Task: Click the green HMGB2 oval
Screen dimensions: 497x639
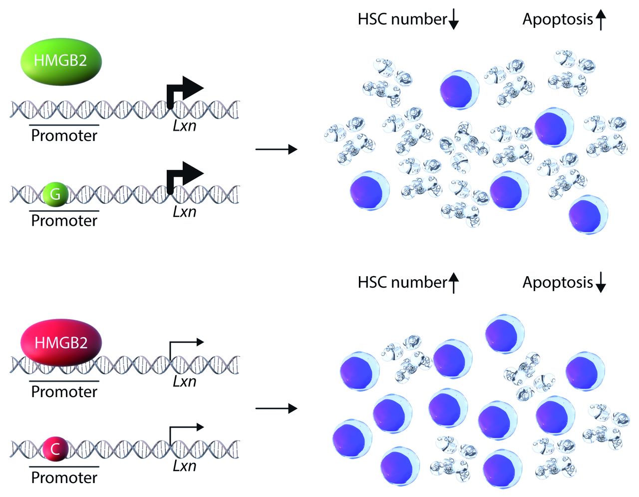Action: coord(61,61)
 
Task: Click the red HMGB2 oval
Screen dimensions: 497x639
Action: coord(61,343)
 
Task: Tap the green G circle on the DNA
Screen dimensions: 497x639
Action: coord(55,194)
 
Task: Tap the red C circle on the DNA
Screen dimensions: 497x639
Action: coord(55,449)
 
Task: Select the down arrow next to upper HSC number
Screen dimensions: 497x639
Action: coord(453,19)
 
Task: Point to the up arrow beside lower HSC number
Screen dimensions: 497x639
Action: coord(453,283)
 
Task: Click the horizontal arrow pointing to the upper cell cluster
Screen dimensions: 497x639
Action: coord(276,149)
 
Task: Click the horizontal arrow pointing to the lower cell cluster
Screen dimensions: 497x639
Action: coord(276,409)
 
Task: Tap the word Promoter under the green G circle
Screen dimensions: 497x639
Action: coord(64,220)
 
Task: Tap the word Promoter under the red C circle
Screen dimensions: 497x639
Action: coord(64,478)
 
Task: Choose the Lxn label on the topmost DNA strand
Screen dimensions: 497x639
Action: coord(184,125)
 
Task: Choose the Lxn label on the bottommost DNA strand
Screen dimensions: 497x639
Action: coord(184,466)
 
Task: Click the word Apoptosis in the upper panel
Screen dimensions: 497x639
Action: coord(557,19)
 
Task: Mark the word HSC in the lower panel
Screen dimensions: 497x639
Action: coord(373,283)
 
